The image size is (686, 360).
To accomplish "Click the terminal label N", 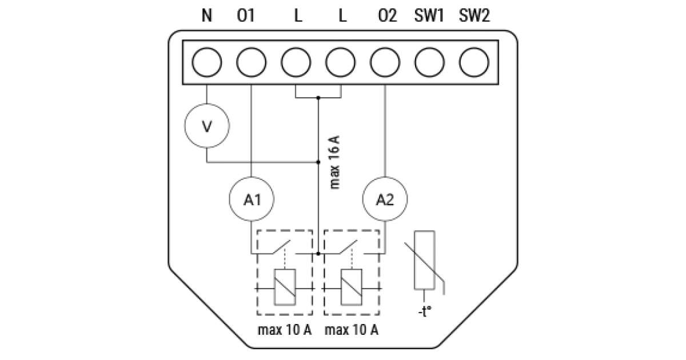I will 207,16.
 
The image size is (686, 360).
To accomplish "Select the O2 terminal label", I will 387,16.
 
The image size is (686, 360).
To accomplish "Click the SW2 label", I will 474,16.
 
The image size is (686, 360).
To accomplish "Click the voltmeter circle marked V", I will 206,125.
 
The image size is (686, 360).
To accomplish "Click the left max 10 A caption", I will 285,330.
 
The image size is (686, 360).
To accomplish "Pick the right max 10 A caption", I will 351,330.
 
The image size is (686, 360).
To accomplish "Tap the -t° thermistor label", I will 424,312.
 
